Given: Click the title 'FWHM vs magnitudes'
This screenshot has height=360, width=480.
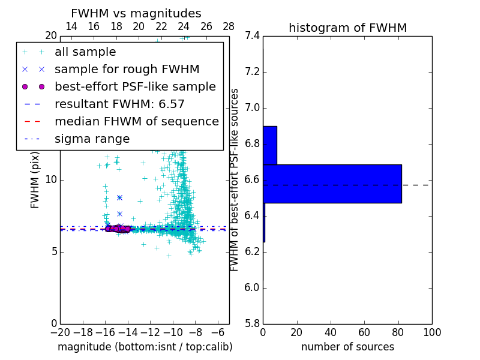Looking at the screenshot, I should (x=136, y=14).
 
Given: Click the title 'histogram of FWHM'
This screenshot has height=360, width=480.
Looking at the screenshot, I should (x=347, y=28).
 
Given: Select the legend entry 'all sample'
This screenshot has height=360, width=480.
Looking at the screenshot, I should (x=85, y=52).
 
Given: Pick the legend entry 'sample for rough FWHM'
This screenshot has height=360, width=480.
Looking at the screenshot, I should (x=127, y=70).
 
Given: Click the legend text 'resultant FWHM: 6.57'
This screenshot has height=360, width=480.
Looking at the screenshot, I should (x=119, y=104).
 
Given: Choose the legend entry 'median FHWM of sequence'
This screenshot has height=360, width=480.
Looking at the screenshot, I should (x=136, y=122).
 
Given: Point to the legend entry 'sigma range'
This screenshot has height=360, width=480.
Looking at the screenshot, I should (x=92, y=139).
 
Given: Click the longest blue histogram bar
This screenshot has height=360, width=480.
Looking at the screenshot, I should (x=332, y=184).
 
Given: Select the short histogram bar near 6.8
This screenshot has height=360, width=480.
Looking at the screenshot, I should (x=269, y=145).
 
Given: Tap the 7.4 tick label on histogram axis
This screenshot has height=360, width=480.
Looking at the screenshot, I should (x=252, y=36).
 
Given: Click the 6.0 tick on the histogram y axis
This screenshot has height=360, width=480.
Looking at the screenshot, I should (x=252, y=288).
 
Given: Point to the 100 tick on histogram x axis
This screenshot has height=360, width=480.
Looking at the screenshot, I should (x=432, y=332).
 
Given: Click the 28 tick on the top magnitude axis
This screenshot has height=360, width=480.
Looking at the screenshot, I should (x=229, y=26).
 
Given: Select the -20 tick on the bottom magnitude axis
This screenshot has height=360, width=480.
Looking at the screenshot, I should (x=60, y=332).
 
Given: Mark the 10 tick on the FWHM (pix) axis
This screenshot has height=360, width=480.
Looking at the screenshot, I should (x=51, y=180).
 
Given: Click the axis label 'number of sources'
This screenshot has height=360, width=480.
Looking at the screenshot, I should (x=347, y=347).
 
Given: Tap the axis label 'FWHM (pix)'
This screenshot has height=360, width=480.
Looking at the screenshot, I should (x=35, y=180).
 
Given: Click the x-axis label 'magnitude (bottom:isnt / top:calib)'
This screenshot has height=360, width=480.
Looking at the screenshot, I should (x=145, y=347).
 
